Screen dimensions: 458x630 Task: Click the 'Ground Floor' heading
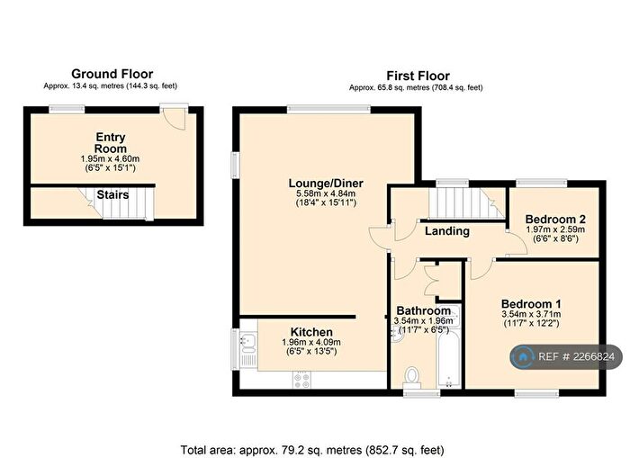(112, 74)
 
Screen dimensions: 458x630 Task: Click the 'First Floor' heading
(417, 76)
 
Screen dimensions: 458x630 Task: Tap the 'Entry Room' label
(111, 142)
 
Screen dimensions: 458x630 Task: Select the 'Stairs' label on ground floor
(113, 194)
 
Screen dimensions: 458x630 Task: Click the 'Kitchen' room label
(310, 332)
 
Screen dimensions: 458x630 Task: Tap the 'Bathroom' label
(423, 311)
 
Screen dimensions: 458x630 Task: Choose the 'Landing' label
(447, 231)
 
